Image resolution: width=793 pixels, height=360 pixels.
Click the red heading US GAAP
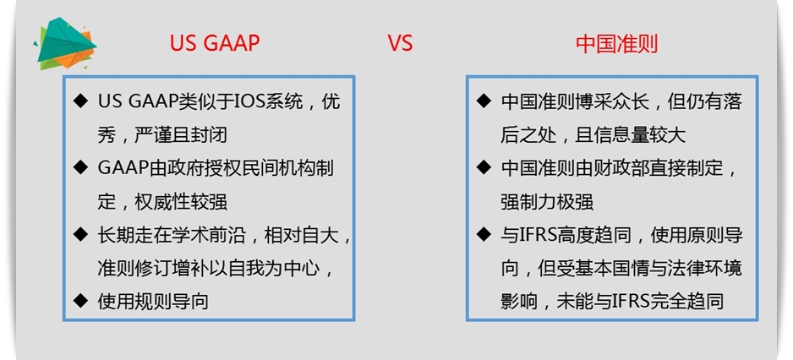point(215,44)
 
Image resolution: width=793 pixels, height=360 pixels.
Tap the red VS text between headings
point(401,44)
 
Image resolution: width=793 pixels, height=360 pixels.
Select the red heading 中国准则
point(617,44)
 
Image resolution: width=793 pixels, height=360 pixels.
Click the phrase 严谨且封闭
point(181,135)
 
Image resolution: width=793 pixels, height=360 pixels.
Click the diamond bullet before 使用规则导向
point(81,300)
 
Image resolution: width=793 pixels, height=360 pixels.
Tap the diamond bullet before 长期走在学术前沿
point(81,234)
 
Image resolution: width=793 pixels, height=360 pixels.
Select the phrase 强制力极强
point(546,201)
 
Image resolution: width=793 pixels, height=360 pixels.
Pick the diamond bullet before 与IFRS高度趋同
point(484,234)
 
